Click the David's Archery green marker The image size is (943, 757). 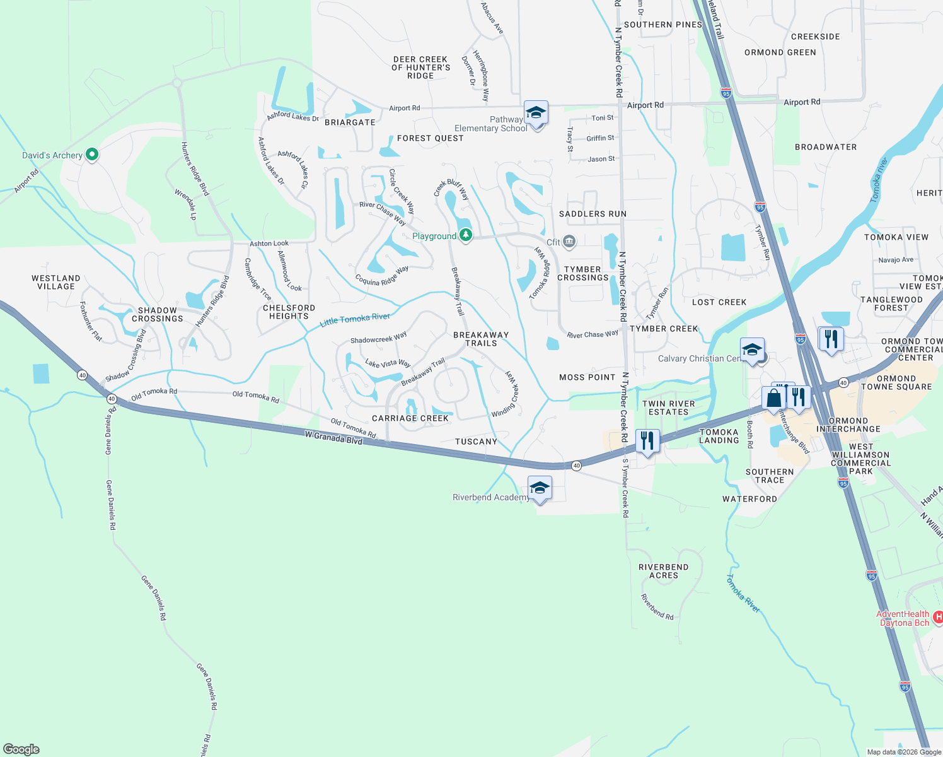[x=92, y=154]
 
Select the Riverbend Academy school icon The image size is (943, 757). [x=540, y=488]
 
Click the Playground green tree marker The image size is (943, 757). [x=466, y=235]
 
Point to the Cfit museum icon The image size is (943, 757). [x=569, y=242]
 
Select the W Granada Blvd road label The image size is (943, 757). [x=333, y=437]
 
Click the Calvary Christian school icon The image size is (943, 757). [x=752, y=351]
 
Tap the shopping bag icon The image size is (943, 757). [x=773, y=398]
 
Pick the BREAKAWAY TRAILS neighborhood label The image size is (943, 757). [x=481, y=339]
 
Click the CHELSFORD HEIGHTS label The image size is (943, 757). [x=289, y=312]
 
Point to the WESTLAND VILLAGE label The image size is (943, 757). [x=56, y=282]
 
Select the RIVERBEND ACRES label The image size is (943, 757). [x=663, y=571]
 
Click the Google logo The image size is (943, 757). [x=21, y=749]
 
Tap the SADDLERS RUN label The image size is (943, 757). [x=593, y=214]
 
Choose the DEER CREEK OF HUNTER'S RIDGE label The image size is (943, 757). [x=420, y=67]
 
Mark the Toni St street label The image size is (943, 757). [x=603, y=118]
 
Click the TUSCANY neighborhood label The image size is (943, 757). [x=476, y=442]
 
